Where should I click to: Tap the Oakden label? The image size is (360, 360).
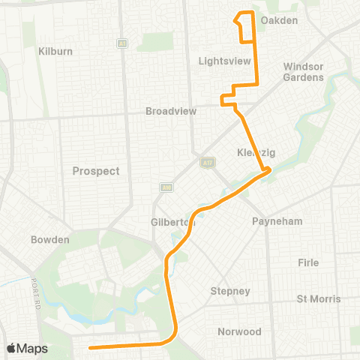(x=279, y=20)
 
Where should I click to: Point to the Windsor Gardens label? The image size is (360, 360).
(x=304, y=71)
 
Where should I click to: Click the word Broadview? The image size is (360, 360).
(x=171, y=110)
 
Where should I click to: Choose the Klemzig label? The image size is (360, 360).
(x=256, y=152)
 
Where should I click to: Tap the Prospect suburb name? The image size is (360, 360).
(x=96, y=171)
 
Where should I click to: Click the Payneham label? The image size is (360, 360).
(x=277, y=222)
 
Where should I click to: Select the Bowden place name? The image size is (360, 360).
(x=49, y=240)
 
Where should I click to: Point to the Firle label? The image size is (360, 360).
(x=308, y=262)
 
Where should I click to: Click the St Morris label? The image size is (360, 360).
(x=319, y=298)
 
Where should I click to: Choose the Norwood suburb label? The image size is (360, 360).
(x=239, y=331)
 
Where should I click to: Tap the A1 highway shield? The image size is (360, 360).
(x=121, y=43)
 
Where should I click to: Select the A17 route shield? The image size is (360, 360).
(x=208, y=161)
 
